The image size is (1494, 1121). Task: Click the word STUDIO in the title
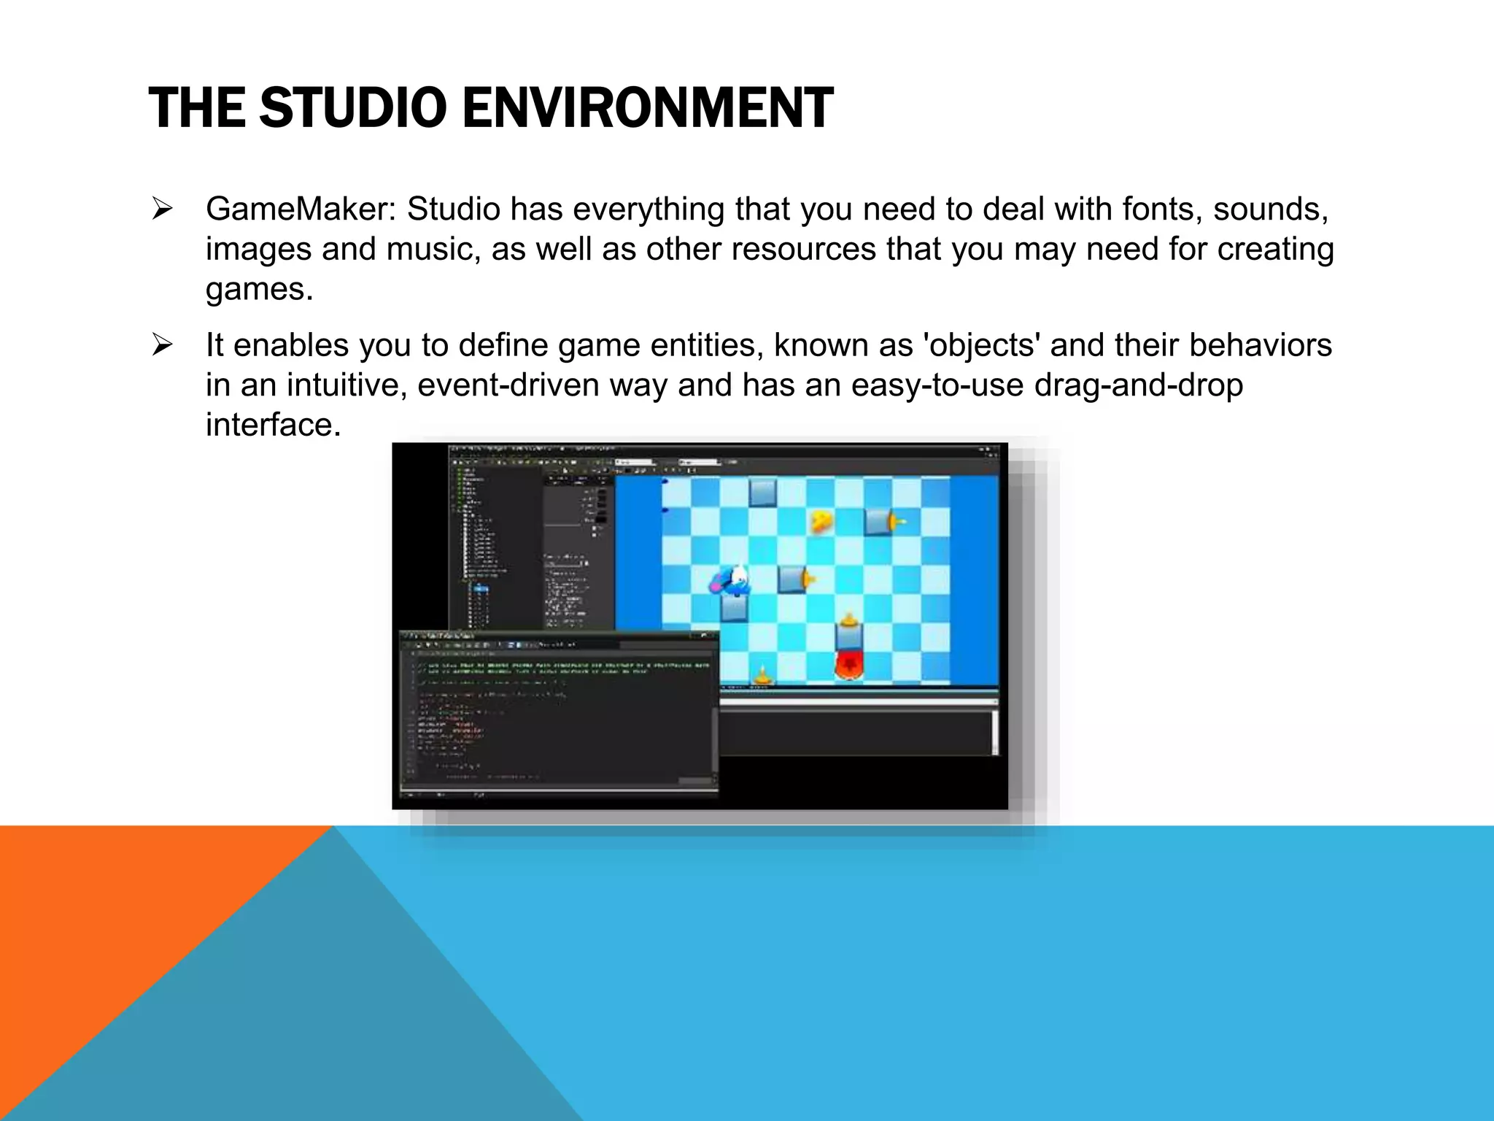[x=352, y=108]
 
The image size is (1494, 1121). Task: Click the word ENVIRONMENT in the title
[x=647, y=108]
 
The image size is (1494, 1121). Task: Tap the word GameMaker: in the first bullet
[x=301, y=209]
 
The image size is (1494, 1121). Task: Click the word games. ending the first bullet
[x=259, y=289]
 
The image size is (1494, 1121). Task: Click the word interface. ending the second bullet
[x=274, y=425]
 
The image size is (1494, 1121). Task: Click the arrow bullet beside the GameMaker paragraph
[x=162, y=209]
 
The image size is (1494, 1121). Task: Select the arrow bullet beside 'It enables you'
[x=162, y=345]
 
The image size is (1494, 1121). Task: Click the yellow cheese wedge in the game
[x=822, y=520]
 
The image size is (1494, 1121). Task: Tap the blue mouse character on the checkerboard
[x=732, y=582]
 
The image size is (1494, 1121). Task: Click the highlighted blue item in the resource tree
[x=481, y=588]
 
